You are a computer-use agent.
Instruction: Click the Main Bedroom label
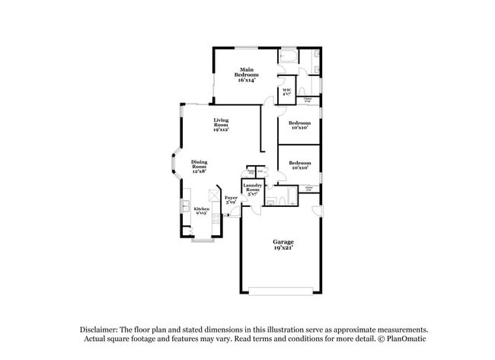tap(246, 75)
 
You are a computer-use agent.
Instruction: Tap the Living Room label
tap(221, 125)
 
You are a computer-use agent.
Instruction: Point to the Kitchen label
tap(201, 210)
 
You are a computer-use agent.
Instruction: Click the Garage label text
tap(283, 241)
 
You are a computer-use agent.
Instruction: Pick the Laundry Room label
tap(252, 190)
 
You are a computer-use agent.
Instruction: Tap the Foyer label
tap(231, 199)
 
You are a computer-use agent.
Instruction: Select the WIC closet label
tap(286, 93)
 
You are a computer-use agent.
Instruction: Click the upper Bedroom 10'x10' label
tap(299, 125)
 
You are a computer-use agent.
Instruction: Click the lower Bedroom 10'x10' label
tap(299, 164)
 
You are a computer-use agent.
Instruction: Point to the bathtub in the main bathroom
tap(289, 56)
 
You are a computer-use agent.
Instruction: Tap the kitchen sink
tap(185, 206)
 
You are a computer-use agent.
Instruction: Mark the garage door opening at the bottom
tap(282, 288)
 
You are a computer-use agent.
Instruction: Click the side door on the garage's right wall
tap(321, 210)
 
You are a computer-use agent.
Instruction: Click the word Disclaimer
tap(101, 329)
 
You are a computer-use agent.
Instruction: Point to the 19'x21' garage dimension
tap(283, 247)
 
